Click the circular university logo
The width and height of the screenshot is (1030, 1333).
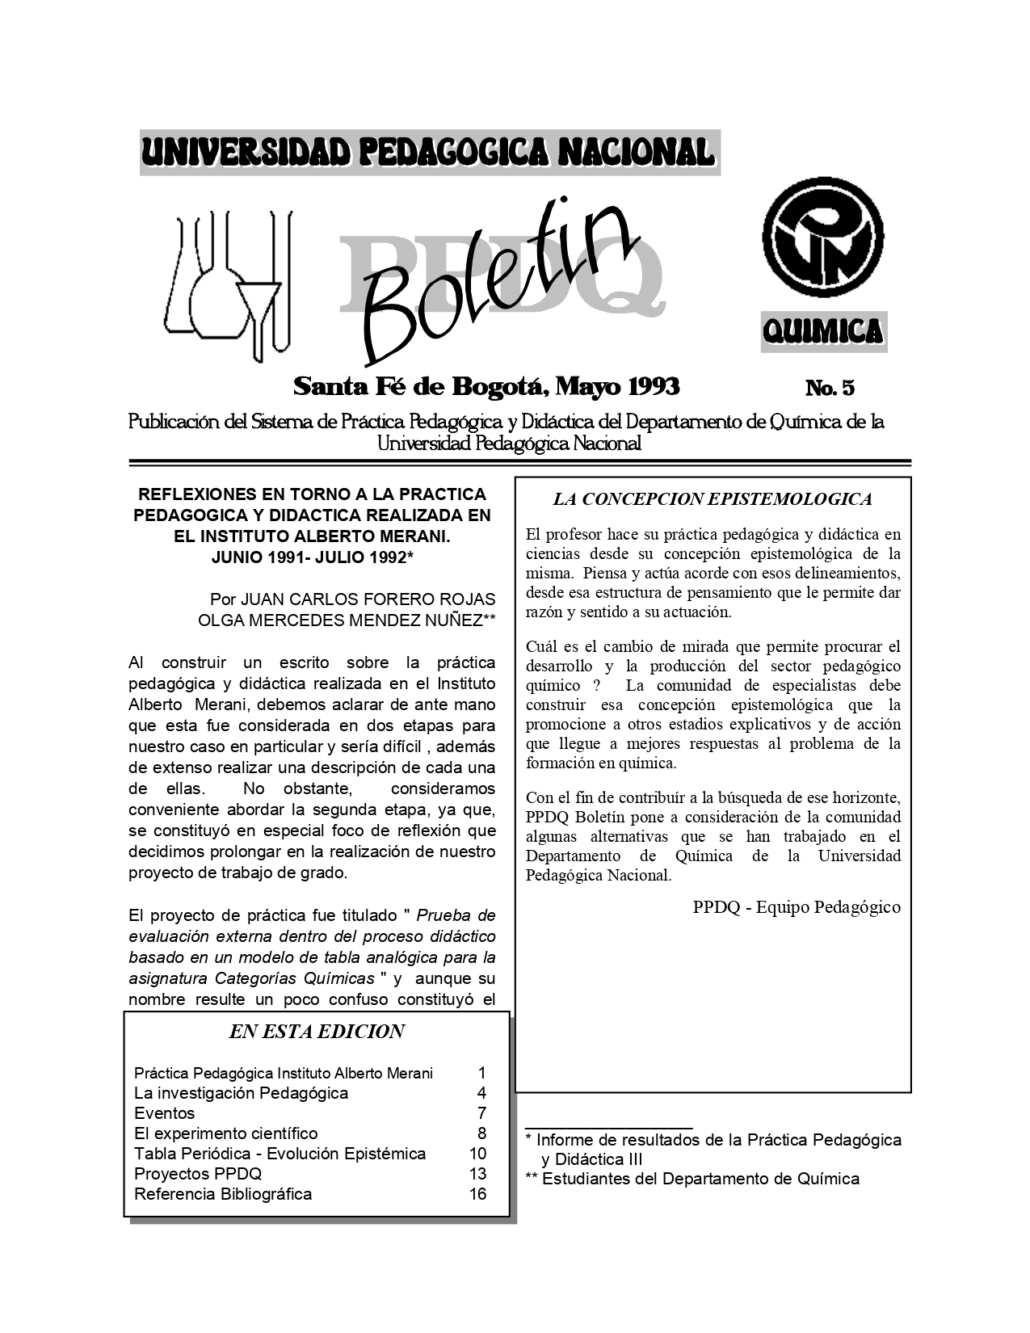point(823,241)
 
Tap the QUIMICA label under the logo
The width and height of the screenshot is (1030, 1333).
point(823,331)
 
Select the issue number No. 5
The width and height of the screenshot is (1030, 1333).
point(830,389)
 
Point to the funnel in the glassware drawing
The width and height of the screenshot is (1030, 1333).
point(259,303)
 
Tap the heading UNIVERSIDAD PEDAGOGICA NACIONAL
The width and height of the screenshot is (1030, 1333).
point(429,152)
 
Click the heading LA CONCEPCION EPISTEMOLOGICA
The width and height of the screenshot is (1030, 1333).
point(712,499)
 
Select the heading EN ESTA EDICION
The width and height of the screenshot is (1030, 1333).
point(317,1032)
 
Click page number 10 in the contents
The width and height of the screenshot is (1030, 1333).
point(477,1154)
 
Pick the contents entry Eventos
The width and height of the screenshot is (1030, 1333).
point(165,1113)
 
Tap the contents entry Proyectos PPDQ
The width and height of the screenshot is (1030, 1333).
point(198,1174)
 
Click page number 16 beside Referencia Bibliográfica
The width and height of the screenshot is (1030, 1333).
point(477,1194)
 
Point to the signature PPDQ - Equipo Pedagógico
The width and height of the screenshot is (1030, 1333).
point(796,907)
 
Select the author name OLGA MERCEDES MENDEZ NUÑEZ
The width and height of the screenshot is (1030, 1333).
point(340,620)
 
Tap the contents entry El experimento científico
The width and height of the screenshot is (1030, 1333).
point(226,1133)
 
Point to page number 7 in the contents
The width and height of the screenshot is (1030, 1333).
point(481,1113)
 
